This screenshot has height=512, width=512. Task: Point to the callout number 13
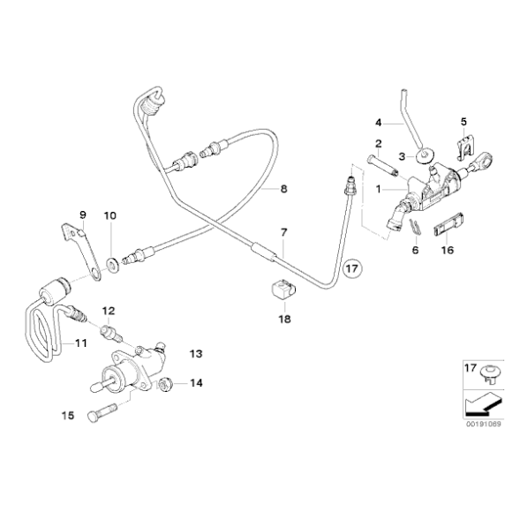196,353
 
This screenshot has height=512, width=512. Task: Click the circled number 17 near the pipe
351,266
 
